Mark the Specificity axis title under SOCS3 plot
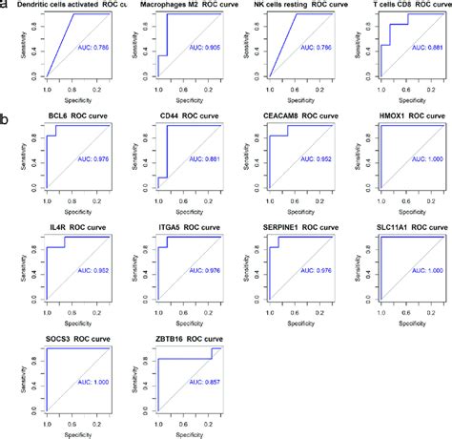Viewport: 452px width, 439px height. (x=66, y=430)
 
